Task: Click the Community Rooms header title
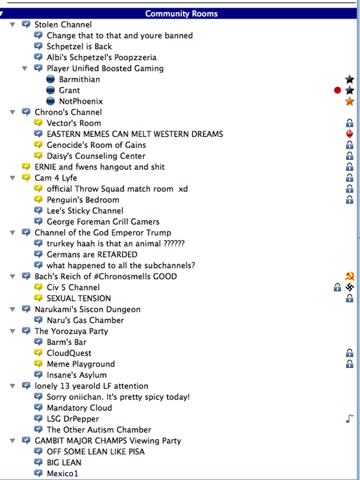181,14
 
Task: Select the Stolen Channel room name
63,24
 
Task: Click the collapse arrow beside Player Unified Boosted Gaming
25,68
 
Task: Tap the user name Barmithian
79,79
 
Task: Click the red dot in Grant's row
338,90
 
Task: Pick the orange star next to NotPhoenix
350,101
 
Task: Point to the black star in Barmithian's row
350,79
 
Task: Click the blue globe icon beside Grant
51,90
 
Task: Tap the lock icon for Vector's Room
350,123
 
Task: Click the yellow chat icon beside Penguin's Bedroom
38,200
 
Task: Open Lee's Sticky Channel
85,211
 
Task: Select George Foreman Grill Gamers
103,221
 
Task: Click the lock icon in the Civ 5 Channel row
338,287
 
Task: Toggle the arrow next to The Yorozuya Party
13,332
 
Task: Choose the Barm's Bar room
67,342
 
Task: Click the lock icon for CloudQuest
350,353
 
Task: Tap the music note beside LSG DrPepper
350,419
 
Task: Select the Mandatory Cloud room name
79,408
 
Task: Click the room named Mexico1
63,474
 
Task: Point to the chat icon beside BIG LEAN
38,462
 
